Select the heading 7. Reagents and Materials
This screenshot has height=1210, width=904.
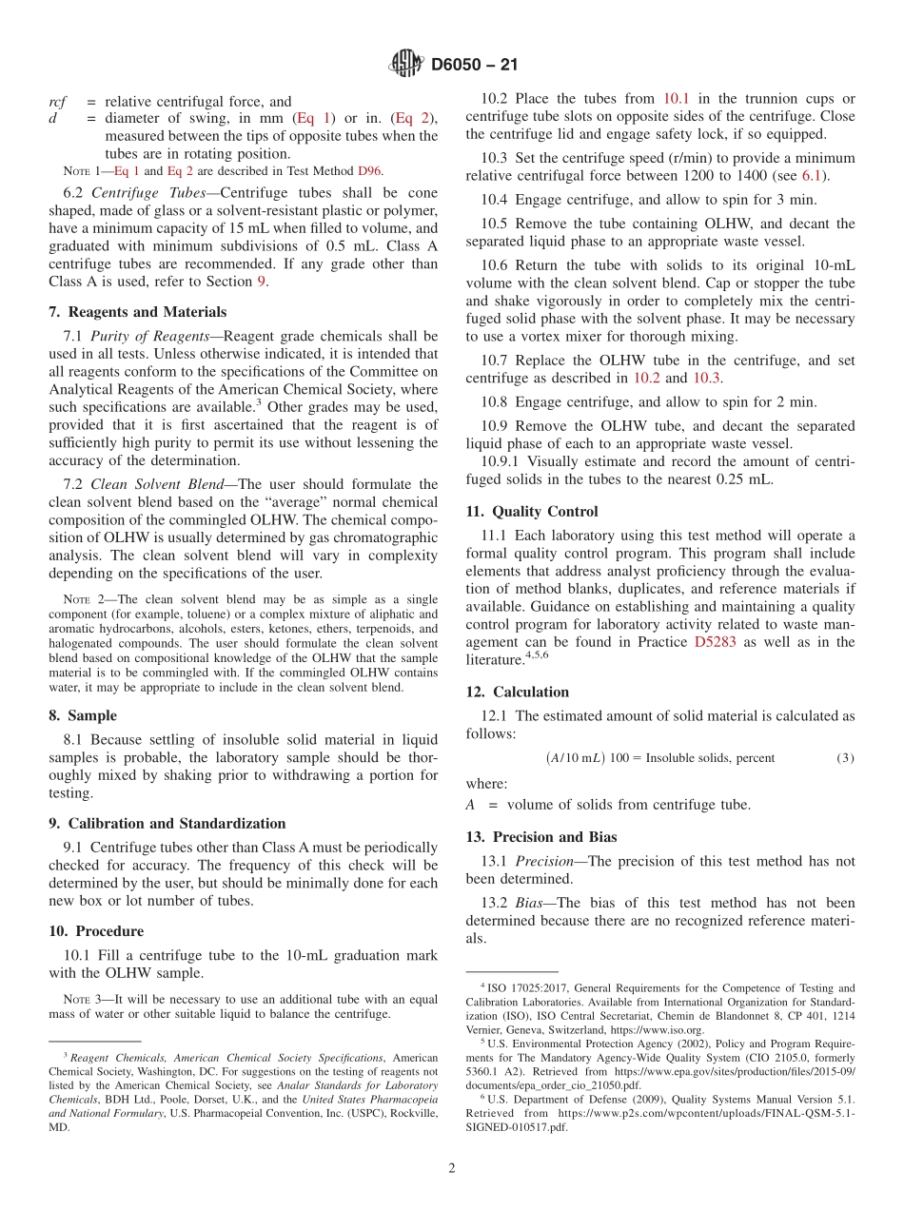click(x=138, y=312)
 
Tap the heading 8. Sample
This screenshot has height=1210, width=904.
click(x=83, y=715)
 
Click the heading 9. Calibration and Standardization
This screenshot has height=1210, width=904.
click(x=167, y=824)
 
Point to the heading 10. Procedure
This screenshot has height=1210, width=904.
click(x=97, y=931)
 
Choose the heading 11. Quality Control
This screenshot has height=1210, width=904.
click(x=532, y=511)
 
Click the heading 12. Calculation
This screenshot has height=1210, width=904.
click(x=518, y=692)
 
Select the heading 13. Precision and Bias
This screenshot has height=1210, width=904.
click(x=541, y=837)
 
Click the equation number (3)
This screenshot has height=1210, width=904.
click(x=845, y=758)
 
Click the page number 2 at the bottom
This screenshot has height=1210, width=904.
click(x=452, y=1168)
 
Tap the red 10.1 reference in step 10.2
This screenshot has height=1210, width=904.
click(x=677, y=98)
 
